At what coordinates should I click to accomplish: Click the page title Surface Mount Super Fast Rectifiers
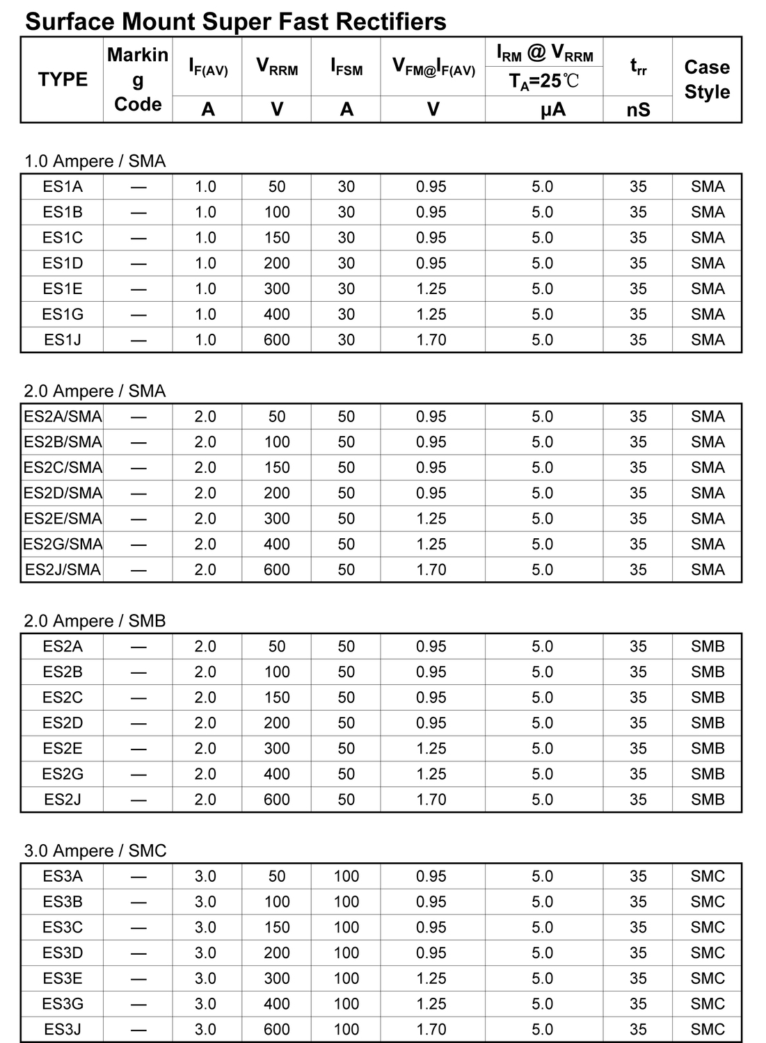click(x=235, y=22)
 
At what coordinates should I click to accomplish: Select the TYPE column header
click(x=63, y=79)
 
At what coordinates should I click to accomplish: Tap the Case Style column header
click(x=707, y=79)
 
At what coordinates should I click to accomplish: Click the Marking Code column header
click(x=138, y=79)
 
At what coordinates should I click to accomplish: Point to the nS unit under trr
click(x=638, y=110)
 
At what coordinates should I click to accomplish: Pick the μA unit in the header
click(x=553, y=110)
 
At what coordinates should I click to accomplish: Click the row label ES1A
click(x=63, y=186)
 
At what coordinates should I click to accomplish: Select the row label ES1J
click(x=63, y=340)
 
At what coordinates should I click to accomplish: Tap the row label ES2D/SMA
click(x=63, y=493)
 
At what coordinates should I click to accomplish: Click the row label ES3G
click(x=63, y=1003)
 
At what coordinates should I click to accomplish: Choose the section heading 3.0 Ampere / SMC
click(x=95, y=850)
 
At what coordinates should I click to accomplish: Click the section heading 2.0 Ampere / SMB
click(x=95, y=620)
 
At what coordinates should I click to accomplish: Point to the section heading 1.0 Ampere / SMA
click(x=95, y=161)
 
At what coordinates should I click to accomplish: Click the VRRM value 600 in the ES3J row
click(x=277, y=1029)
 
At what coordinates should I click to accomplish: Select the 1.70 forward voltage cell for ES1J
click(x=431, y=340)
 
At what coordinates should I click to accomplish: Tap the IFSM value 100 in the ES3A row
click(x=346, y=876)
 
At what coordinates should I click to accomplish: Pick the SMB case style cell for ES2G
click(x=708, y=774)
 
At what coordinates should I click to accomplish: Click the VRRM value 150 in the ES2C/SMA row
click(x=277, y=467)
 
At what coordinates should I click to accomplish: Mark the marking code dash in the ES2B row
click(x=138, y=672)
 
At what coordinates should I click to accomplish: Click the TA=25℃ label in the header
click(x=543, y=82)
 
